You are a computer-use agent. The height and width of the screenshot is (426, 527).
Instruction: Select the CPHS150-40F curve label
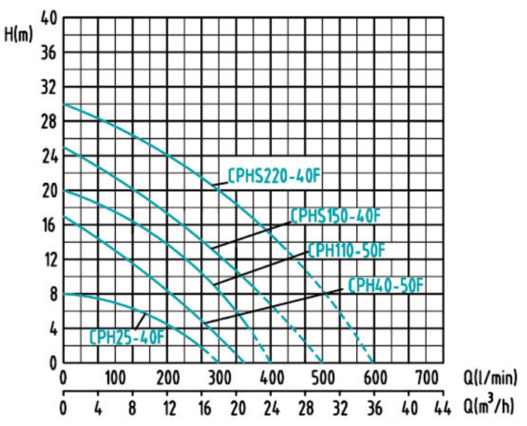(x=336, y=216)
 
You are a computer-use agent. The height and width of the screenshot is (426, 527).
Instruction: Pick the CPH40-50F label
(x=386, y=286)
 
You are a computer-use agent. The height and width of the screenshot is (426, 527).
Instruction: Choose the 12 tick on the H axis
(x=49, y=260)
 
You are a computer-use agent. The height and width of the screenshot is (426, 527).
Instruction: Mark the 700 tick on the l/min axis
(x=426, y=376)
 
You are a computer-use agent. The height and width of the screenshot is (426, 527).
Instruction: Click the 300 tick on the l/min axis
(x=219, y=376)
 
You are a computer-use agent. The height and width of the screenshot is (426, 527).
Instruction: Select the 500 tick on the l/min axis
(x=323, y=376)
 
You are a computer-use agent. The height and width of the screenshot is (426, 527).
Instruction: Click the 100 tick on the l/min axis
(x=115, y=376)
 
